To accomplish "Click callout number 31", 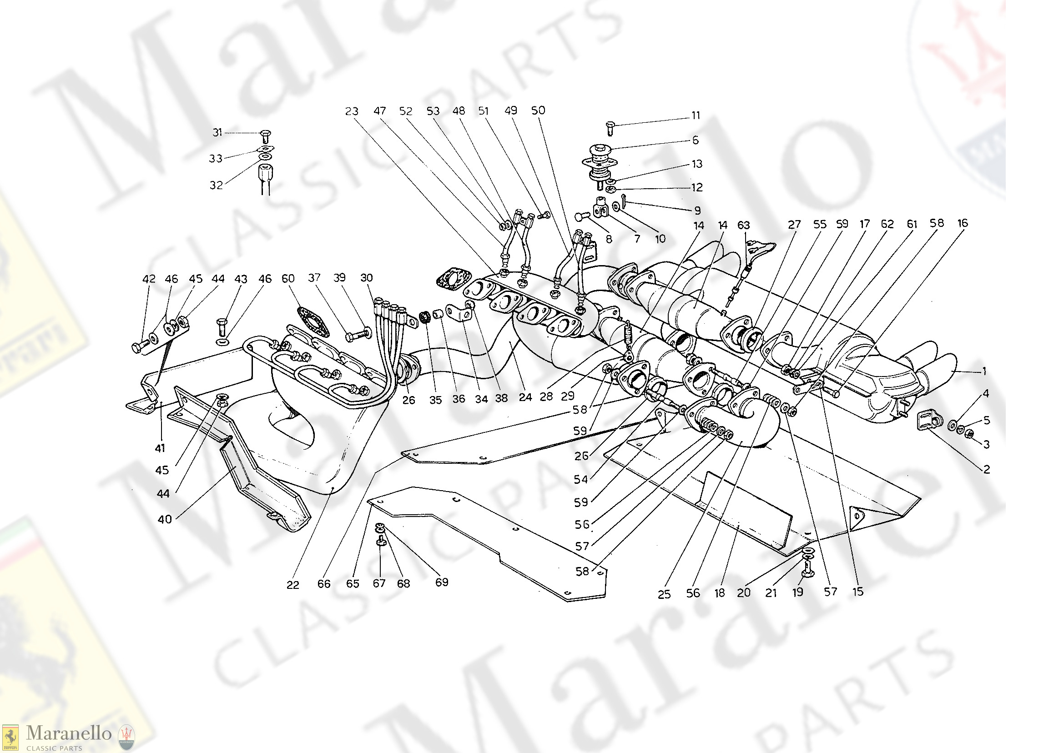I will click(217, 133).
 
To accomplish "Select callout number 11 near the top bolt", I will click(696, 115).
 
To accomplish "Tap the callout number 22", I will click(292, 585).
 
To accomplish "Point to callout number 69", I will click(442, 582).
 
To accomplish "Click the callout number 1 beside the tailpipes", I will click(984, 371).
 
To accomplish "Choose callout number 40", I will click(165, 519).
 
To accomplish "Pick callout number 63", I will click(743, 226).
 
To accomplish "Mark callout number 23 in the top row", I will click(352, 111).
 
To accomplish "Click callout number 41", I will click(160, 448).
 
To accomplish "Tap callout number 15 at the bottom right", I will click(858, 592).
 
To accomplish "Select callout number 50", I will click(538, 110).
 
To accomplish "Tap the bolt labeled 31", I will click(266, 136).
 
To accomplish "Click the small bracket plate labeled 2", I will click(926, 420).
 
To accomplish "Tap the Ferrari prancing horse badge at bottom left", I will click(10, 737).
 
